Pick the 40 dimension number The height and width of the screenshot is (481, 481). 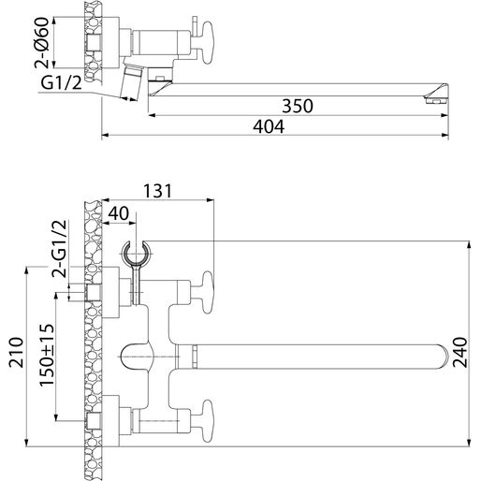coord(120,214)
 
